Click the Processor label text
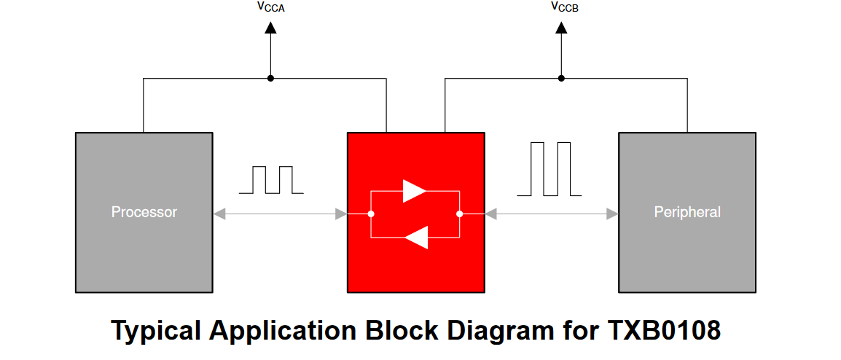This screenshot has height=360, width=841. point(144,212)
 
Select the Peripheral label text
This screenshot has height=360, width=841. point(687,212)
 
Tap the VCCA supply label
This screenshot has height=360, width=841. point(271,8)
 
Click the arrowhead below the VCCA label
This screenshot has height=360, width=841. point(270,28)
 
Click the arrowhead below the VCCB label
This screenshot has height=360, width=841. point(561,28)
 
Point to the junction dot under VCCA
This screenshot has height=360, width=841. point(270,78)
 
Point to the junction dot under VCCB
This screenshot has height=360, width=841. point(561,78)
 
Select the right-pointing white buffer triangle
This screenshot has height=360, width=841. point(414,191)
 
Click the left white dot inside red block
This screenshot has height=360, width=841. point(371,214)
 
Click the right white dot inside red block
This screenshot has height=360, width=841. point(460,214)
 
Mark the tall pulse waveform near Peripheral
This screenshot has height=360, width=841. point(549,169)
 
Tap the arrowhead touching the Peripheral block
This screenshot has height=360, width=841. point(612,214)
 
